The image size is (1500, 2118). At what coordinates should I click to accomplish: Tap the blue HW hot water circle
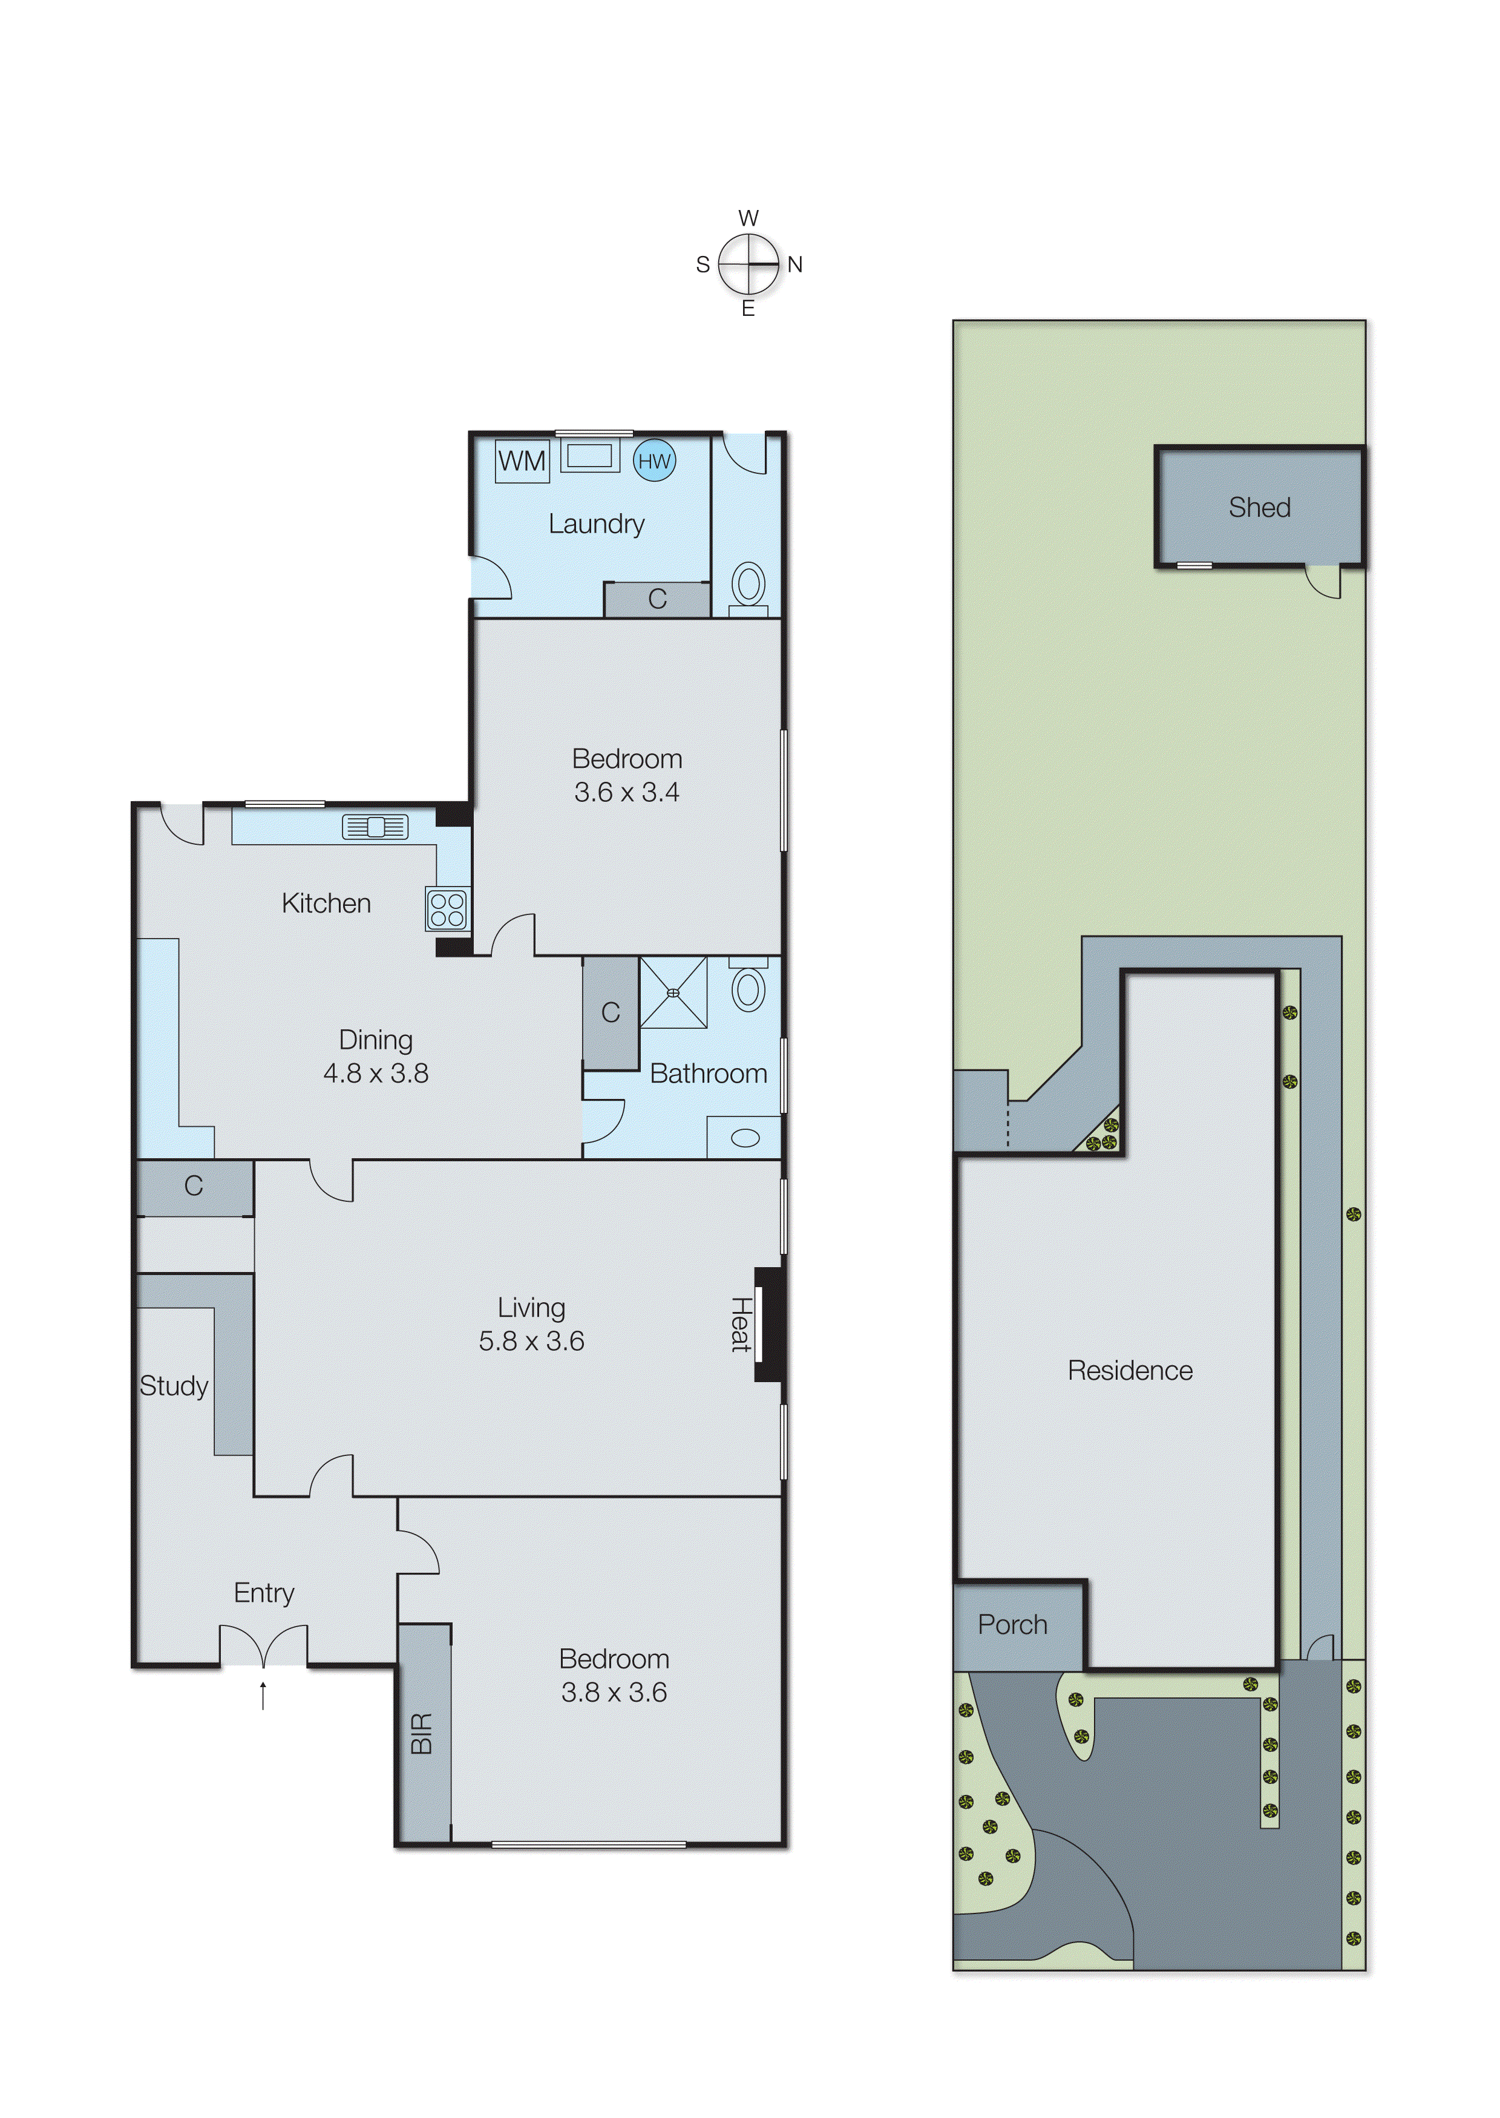pyautogui.click(x=654, y=461)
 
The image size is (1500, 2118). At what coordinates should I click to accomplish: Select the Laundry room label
pyautogui.click(x=596, y=523)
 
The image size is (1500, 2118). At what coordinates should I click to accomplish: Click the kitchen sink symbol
pyautogui.click(x=375, y=827)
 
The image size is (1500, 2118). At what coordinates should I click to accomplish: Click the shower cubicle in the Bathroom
pyautogui.click(x=673, y=993)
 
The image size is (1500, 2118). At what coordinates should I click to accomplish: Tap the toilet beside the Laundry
pyautogui.click(x=748, y=586)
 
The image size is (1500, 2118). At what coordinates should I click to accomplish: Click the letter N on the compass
pyautogui.click(x=794, y=265)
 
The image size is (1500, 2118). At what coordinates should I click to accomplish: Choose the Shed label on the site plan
pyautogui.click(x=1259, y=507)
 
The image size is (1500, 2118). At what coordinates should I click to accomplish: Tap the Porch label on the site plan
pyautogui.click(x=1012, y=1625)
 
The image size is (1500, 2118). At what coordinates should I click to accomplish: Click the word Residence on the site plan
pyautogui.click(x=1130, y=1370)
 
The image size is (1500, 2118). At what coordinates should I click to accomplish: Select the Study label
pyautogui.click(x=174, y=1386)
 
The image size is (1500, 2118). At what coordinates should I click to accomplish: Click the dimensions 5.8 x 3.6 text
pyautogui.click(x=531, y=1340)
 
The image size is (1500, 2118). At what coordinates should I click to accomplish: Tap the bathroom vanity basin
pyautogui.click(x=744, y=1138)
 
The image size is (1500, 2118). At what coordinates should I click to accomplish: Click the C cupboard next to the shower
pyautogui.click(x=611, y=1012)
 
